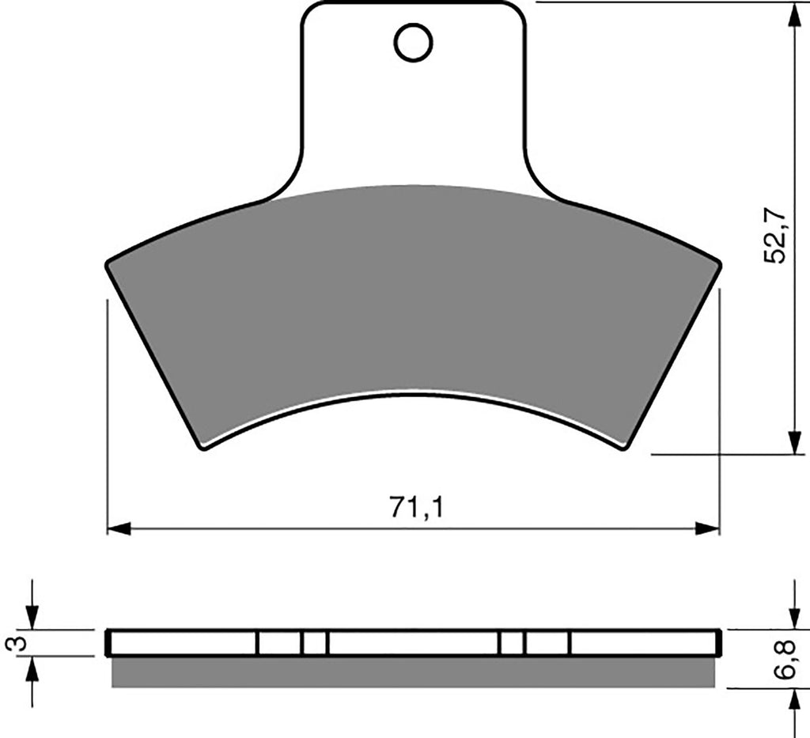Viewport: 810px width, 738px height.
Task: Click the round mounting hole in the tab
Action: [413, 42]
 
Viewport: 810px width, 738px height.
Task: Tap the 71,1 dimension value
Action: [416, 508]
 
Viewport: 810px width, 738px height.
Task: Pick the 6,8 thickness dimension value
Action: [790, 658]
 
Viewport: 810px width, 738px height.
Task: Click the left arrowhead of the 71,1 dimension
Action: [119, 529]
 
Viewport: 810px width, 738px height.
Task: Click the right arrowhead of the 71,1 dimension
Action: [708, 529]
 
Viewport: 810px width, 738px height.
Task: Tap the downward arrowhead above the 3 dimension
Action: [32, 619]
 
